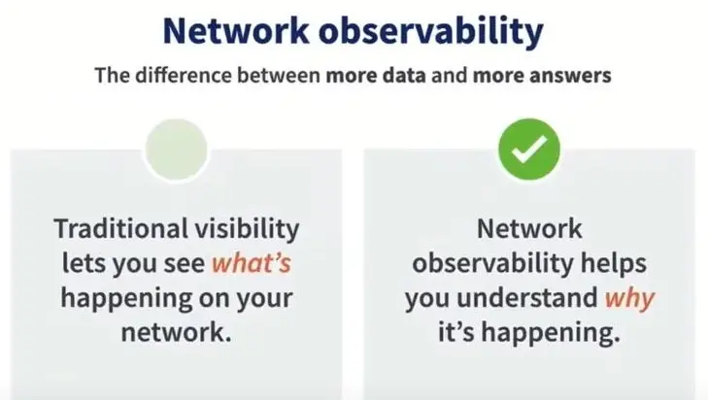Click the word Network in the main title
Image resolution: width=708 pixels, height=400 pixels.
pyautogui.click(x=236, y=31)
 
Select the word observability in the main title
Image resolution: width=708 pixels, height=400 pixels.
pyautogui.click(x=431, y=32)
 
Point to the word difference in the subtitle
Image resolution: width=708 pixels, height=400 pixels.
pyautogui.click(x=184, y=75)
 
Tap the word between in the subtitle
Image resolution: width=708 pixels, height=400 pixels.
pyautogui.click(x=279, y=75)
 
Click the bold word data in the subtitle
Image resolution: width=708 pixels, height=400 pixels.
pyautogui.click(x=405, y=76)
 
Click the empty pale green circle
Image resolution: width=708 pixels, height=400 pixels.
pyautogui.click(x=177, y=150)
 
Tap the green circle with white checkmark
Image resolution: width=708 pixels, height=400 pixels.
pyautogui.click(x=529, y=150)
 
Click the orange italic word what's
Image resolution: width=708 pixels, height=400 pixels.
pyautogui.click(x=252, y=263)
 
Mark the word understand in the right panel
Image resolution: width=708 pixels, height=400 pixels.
pyautogui.click(x=527, y=298)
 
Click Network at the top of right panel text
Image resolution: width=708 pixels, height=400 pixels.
pyautogui.click(x=529, y=228)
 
